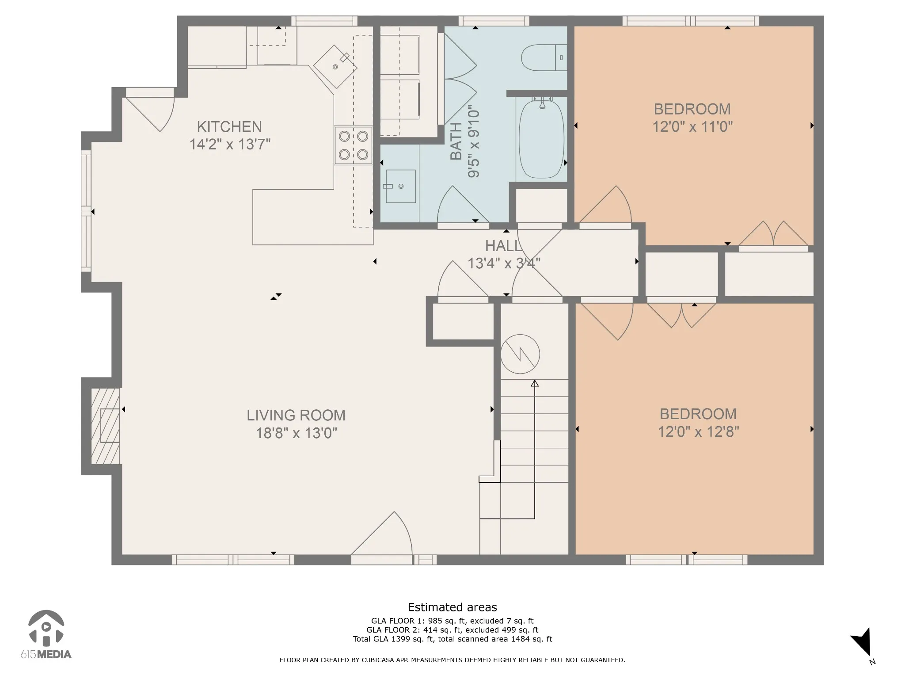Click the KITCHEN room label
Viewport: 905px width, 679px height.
229,127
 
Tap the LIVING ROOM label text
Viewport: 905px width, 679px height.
296,416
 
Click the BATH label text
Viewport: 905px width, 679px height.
456,141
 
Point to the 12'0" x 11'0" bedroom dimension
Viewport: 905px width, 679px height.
692,127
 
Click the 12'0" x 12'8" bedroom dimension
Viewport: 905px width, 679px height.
698,431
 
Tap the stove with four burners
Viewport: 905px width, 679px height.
353,145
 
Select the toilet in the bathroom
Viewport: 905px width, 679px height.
544,58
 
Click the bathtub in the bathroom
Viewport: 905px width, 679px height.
541,139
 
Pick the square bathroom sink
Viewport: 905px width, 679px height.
400,186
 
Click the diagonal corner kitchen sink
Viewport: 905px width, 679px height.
335,66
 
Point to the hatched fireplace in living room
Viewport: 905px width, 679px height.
105,426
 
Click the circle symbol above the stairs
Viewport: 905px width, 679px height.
520,354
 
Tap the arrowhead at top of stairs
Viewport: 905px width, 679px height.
535,383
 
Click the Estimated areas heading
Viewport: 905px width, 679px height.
452,607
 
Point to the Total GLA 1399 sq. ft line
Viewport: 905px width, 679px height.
452,639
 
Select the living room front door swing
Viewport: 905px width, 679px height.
382,538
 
